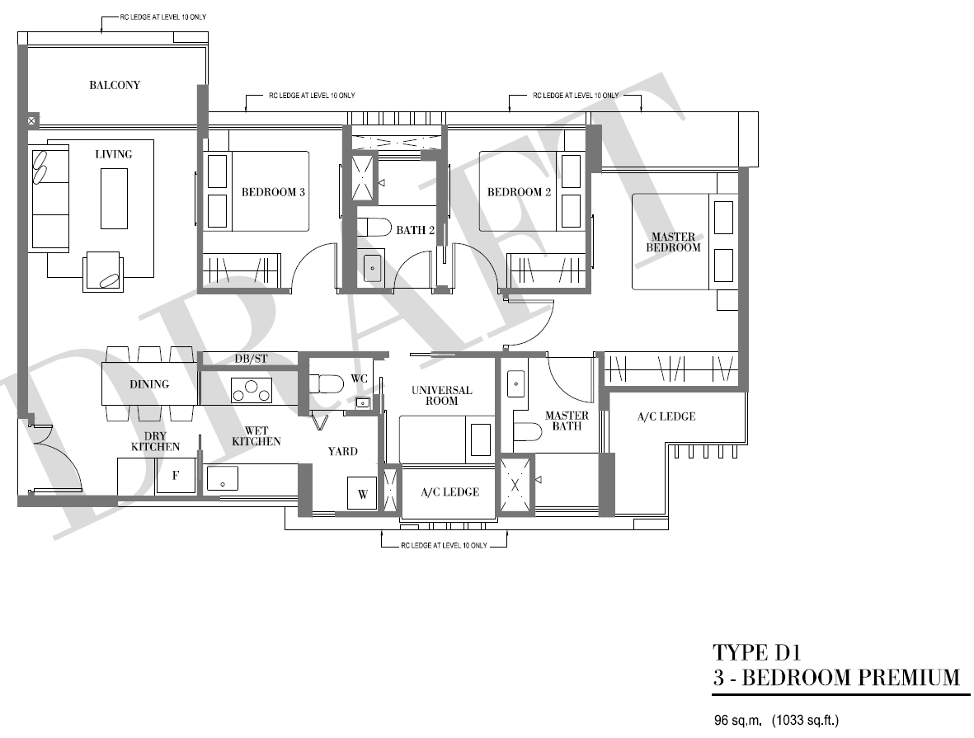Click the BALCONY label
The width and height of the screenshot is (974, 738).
tap(115, 85)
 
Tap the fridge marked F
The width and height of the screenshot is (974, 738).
tap(176, 476)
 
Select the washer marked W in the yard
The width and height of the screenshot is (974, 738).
tap(362, 494)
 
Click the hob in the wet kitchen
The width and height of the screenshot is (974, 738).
tap(252, 390)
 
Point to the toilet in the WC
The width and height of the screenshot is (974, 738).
tap(327, 383)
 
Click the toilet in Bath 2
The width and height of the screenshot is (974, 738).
tap(374, 228)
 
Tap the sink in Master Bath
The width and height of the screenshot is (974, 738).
tap(516, 384)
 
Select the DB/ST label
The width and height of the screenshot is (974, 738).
tap(251, 359)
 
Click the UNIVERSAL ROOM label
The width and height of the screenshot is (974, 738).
tap(442, 396)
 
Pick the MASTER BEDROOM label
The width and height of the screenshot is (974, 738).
tap(673, 242)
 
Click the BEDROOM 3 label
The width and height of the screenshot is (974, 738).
tap(273, 192)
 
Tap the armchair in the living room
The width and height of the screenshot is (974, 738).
tap(103, 271)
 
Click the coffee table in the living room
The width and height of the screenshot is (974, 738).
tap(115, 198)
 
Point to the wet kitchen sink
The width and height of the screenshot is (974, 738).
tap(223, 478)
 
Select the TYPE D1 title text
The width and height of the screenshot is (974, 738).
tap(756, 652)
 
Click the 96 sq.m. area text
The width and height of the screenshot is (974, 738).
tap(737, 721)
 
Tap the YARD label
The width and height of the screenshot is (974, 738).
tap(343, 452)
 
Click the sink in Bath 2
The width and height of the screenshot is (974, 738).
tap(373, 268)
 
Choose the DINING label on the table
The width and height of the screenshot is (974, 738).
tap(149, 384)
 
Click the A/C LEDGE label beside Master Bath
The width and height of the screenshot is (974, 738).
tap(666, 416)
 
